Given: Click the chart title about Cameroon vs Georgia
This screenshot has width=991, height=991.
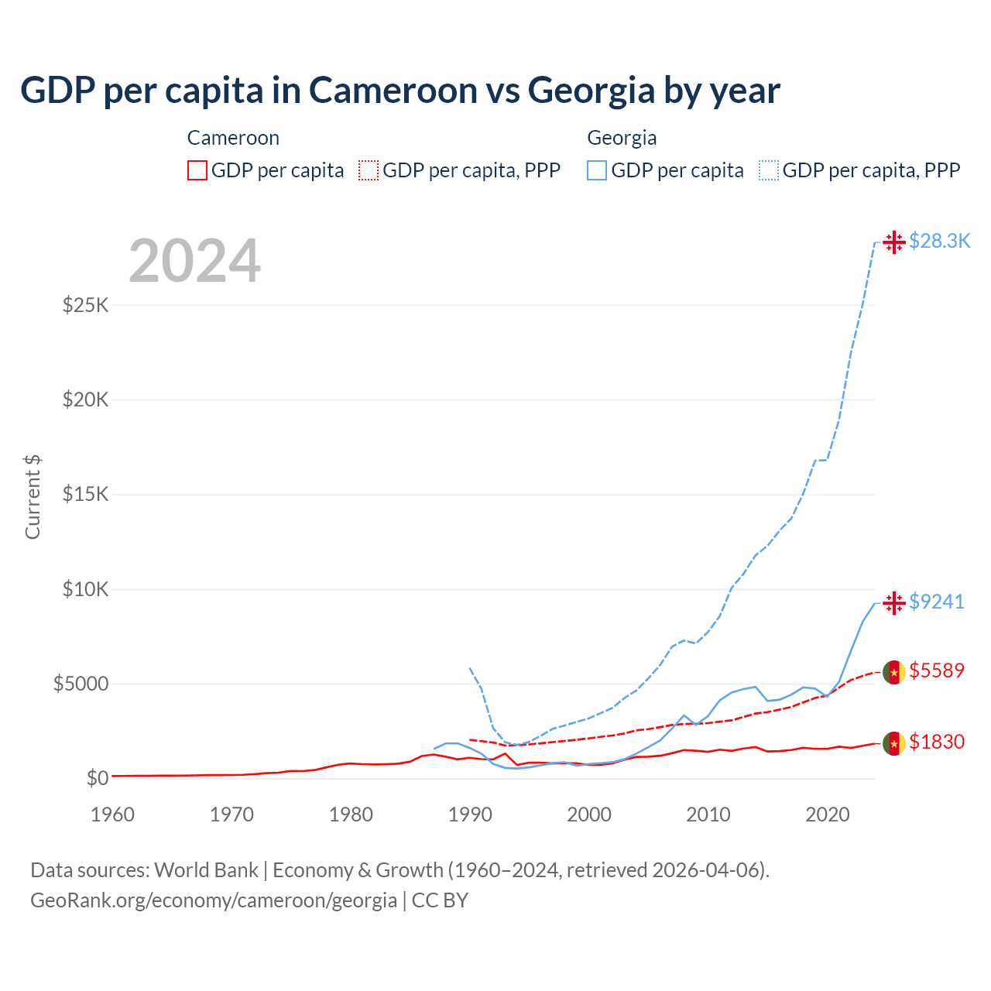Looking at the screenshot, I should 399,91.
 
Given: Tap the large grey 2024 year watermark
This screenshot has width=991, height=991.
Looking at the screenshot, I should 194,261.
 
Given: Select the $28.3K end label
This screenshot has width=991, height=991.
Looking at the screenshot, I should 939,241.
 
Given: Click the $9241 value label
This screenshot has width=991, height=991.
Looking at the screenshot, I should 936,602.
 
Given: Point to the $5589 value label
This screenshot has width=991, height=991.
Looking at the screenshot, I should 936,670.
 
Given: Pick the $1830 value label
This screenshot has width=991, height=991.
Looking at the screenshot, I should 936,742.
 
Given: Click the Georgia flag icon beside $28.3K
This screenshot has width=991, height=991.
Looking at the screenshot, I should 894,242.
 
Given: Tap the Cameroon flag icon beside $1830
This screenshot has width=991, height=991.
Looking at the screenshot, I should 894,743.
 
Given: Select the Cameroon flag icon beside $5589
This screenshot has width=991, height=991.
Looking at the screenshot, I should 894,672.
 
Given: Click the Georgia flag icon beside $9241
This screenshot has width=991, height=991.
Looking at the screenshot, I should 894,602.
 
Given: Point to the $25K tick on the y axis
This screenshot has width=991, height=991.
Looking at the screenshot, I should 85,305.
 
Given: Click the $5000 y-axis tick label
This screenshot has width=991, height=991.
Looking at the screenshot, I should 81,684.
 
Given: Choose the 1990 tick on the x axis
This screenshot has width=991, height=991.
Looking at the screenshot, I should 470,814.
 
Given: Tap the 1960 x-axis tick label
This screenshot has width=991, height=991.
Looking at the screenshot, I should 113,814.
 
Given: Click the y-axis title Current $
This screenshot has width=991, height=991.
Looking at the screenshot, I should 33,496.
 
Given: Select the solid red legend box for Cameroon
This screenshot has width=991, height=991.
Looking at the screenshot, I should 197,170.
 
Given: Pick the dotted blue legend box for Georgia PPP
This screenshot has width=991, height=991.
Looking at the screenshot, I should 769,170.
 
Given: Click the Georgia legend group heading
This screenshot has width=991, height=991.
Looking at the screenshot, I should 622,138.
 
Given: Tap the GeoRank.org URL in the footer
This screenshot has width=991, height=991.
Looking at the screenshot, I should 214,900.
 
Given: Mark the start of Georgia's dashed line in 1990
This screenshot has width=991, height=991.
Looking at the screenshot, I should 470,668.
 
